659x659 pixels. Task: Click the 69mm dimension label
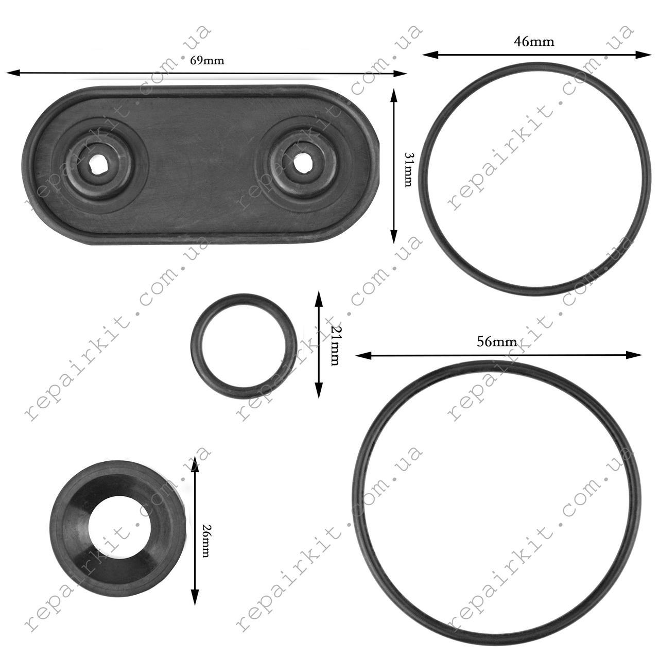(x=207, y=61)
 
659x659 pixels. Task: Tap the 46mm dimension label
(x=534, y=42)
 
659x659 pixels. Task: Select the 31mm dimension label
(x=408, y=165)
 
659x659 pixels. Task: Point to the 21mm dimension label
(x=335, y=345)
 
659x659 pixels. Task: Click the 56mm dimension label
(x=496, y=342)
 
